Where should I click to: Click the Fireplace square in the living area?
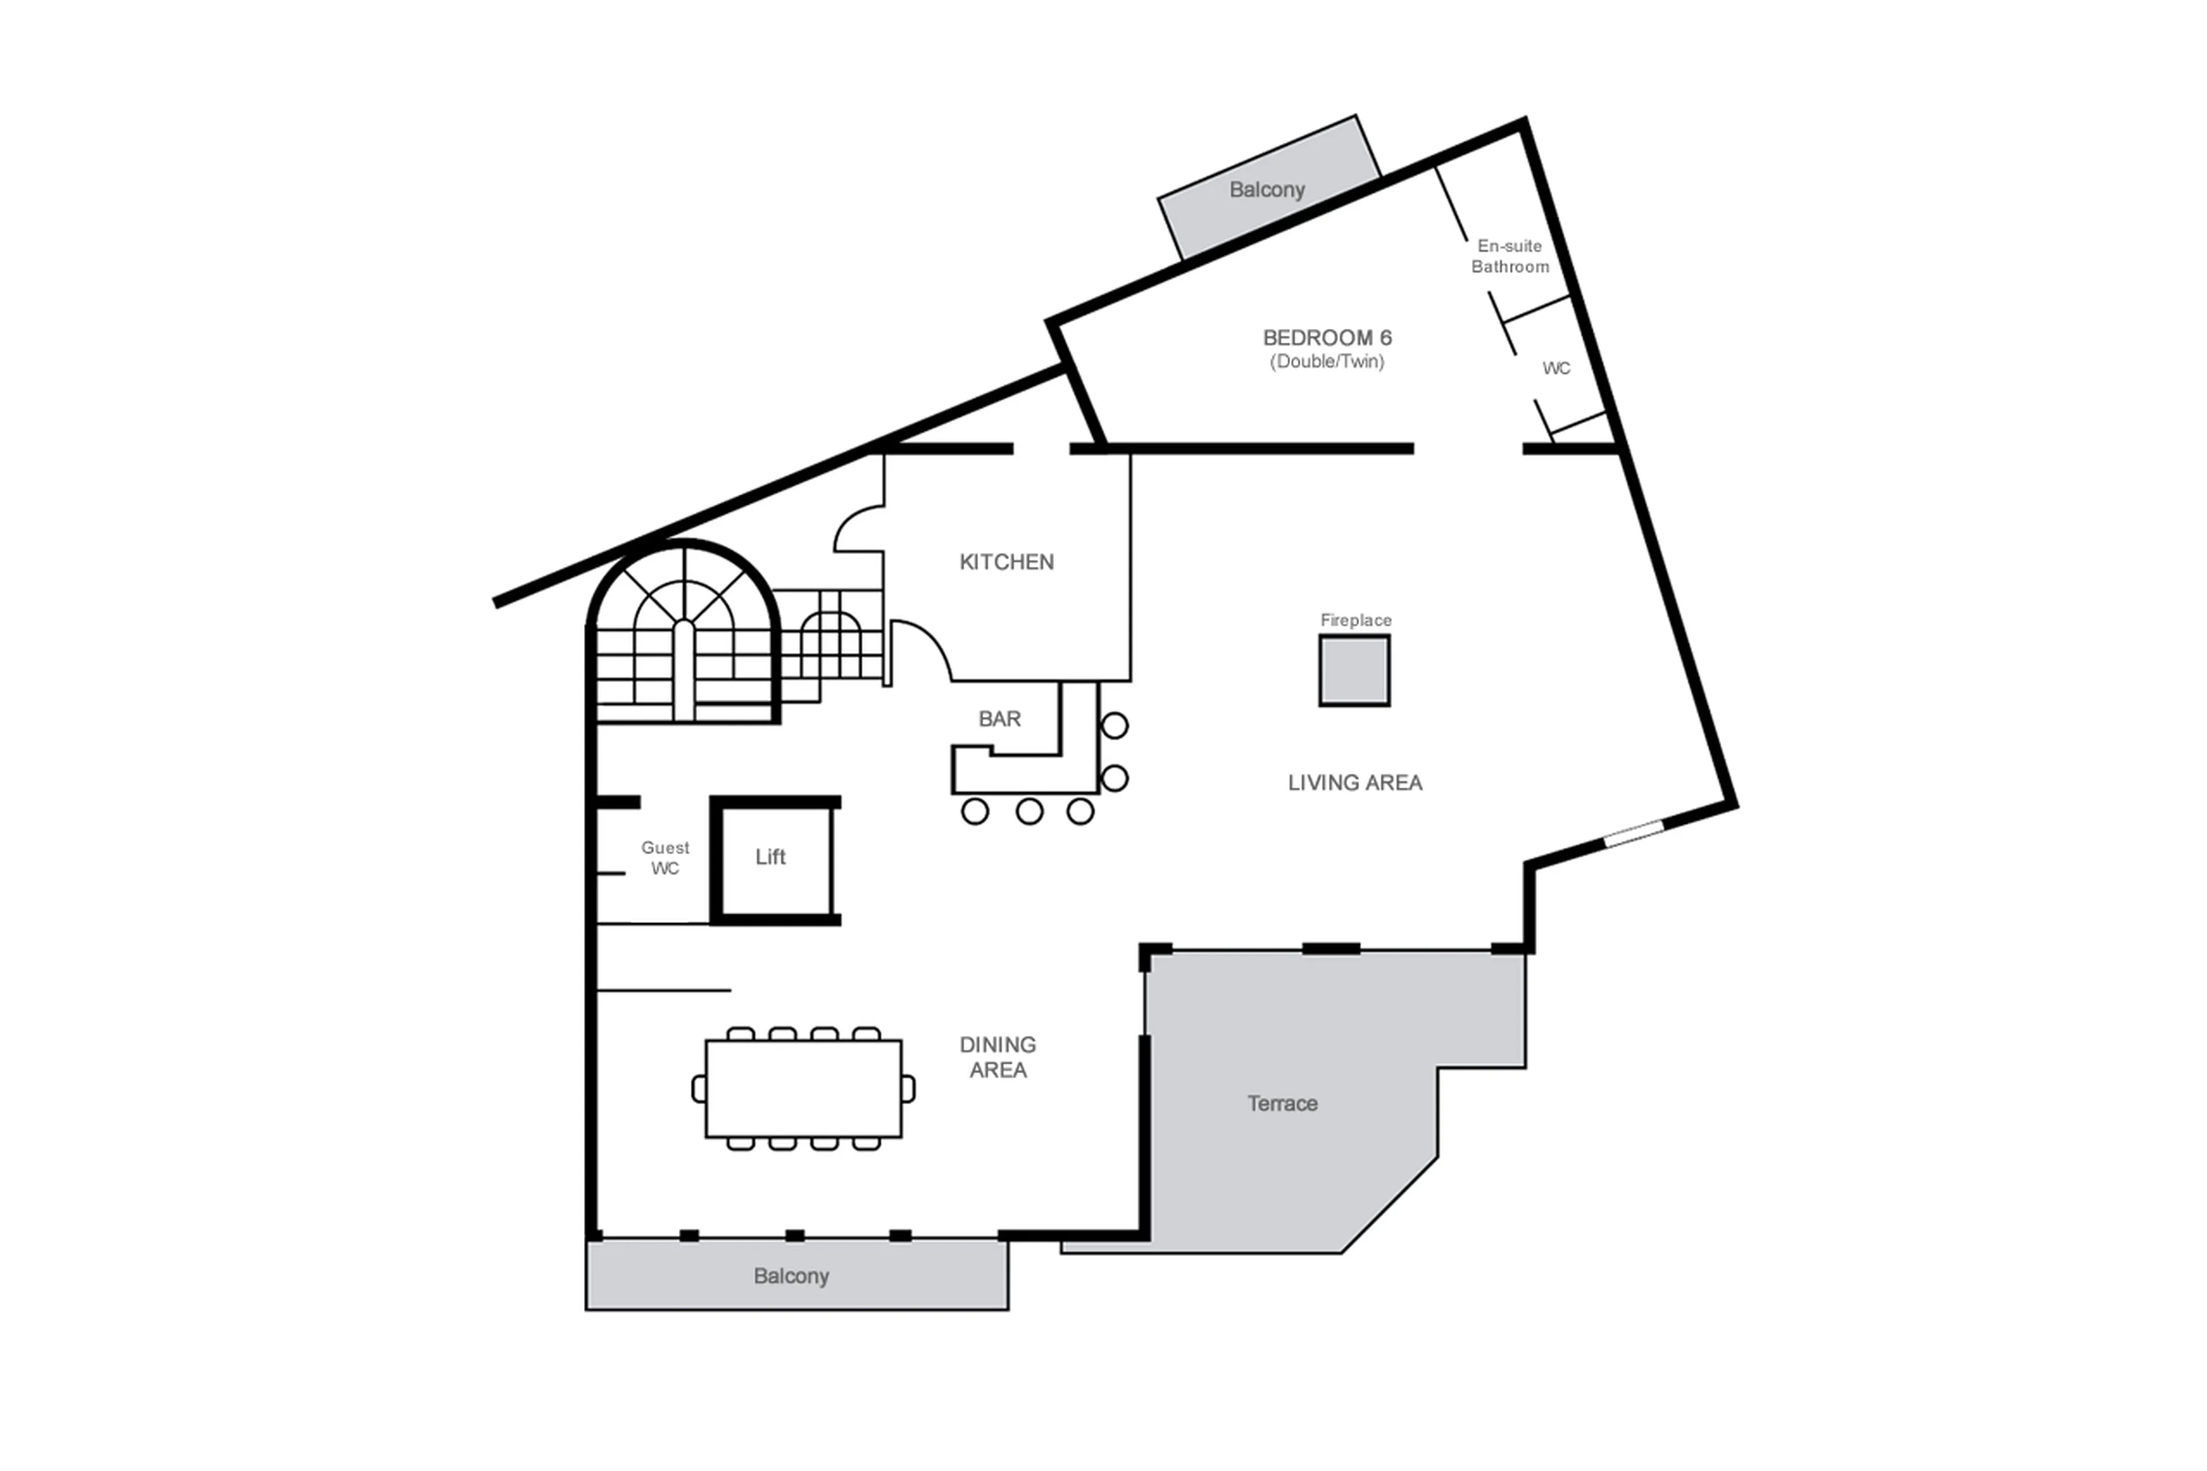[x=1354, y=670]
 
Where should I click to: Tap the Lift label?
[x=770, y=857]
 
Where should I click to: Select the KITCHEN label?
[x=1005, y=562]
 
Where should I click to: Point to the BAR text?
[x=999, y=719]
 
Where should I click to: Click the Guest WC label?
[x=665, y=858]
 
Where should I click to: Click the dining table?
[x=803, y=1088]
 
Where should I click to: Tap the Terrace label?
[x=1281, y=1103]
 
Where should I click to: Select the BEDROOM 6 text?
[x=1326, y=338]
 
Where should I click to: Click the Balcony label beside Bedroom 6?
[x=1266, y=190]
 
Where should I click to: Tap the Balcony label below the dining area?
[x=791, y=1276]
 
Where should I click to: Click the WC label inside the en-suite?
[x=1555, y=368]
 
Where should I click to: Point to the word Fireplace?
[x=1355, y=620]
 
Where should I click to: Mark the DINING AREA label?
[x=997, y=1057]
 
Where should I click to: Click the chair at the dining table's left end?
[x=699, y=1088]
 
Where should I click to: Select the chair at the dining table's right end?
[x=908, y=1088]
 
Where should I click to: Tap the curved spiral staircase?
[x=684, y=638]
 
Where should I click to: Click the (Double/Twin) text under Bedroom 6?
[x=1326, y=361]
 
